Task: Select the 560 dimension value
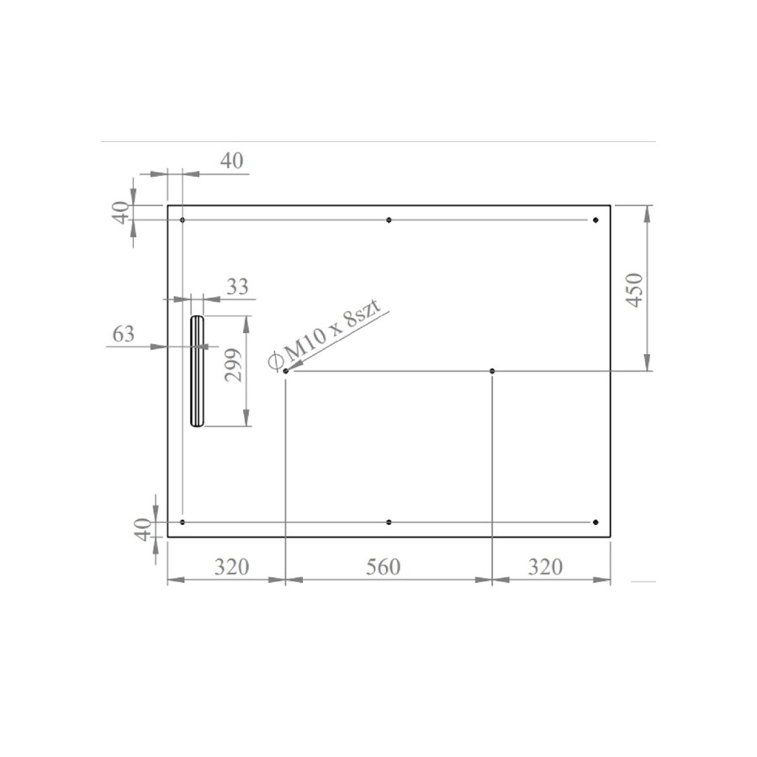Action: pyautogui.click(x=384, y=567)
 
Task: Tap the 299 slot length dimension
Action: pyautogui.click(x=234, y=366)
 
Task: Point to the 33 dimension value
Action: pyautogui.click(x=238, y=287)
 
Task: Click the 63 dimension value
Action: pyautogui.click(x=123, y=334)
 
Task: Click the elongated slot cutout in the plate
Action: pyautogui.click(x=197, y=371)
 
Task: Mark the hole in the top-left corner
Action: pyautogui.click(x=183, y=220)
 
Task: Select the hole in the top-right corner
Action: pyautogui.click(x=595, y=220)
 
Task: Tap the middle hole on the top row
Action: pyautogui.click(x=389, y=220)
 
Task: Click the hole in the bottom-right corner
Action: pyautogui.click(x=595, y=522)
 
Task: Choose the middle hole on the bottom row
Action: pyautogui.click(x=389, y=522)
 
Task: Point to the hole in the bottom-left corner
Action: pyautogui.click(x=183, y=522)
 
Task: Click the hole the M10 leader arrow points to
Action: pyautogui.click(x=286, y=371)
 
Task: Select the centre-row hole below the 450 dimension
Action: pyautogui.click(x=492, y=371)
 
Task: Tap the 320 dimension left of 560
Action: pyautogui.click(x=230, y=567)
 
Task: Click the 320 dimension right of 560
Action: pyautogui.click(x=545, y=567)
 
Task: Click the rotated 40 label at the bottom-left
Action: pyautogui.click(x=142, y=529)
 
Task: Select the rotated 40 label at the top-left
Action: pyautogui.click(x=123, y=213)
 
